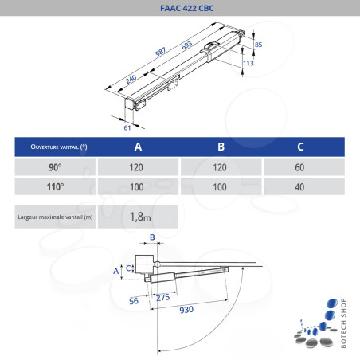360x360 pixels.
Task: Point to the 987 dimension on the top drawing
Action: click(160, 53)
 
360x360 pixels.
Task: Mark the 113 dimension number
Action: click(248, 62)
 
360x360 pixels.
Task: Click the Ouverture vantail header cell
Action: click(56, 147)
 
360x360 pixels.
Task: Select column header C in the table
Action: click(300, 147)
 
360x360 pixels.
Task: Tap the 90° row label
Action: click(56, 168)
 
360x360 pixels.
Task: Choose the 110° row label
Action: click(56, 187)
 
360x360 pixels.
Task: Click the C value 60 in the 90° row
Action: click(300, 168)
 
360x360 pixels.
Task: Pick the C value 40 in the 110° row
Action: click(300, 187)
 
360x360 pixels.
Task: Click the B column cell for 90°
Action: click(220, 168)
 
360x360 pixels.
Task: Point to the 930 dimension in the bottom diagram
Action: click(186, 308)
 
